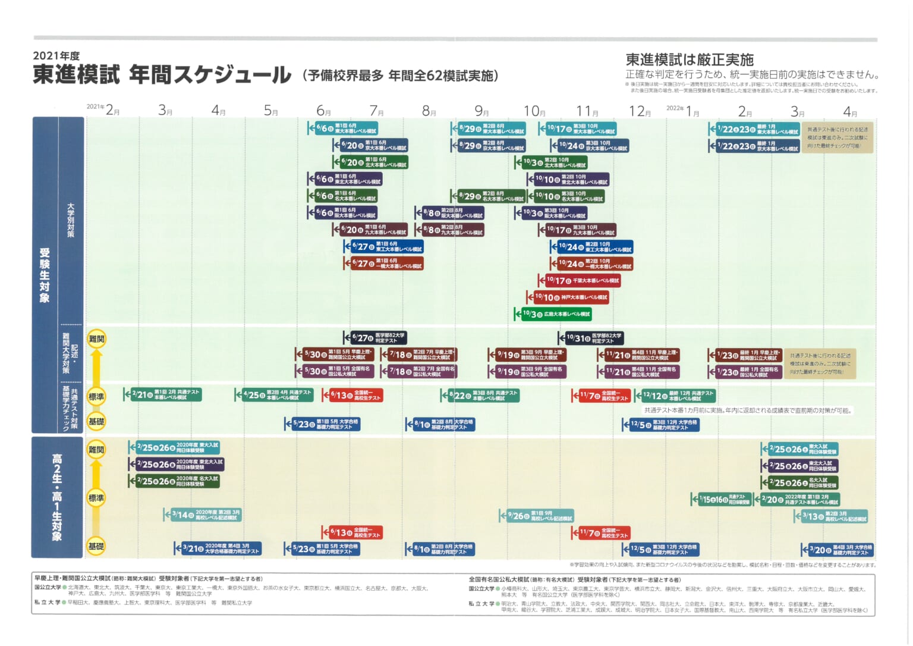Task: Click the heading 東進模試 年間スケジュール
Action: click(162, 75)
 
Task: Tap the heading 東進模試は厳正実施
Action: click(690, 59)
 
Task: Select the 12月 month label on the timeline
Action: click(640, 111)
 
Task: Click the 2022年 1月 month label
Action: click(684, 111)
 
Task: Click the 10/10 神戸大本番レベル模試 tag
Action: click(567, 297)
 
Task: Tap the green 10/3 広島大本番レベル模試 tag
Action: click(553, 313)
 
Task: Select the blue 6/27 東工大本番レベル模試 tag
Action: click(383, 246)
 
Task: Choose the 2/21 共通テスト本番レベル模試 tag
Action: click(163, 394)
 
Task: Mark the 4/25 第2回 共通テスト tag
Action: click(278, 394)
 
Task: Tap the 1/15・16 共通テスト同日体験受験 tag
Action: click(722, 499)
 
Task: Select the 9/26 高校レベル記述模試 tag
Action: click(537, 516)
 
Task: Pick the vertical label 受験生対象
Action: click(45, 275)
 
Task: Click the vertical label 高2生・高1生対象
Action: click(56, 497)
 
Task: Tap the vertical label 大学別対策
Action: click(71, 220)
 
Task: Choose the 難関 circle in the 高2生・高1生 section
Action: click(96, 450)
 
